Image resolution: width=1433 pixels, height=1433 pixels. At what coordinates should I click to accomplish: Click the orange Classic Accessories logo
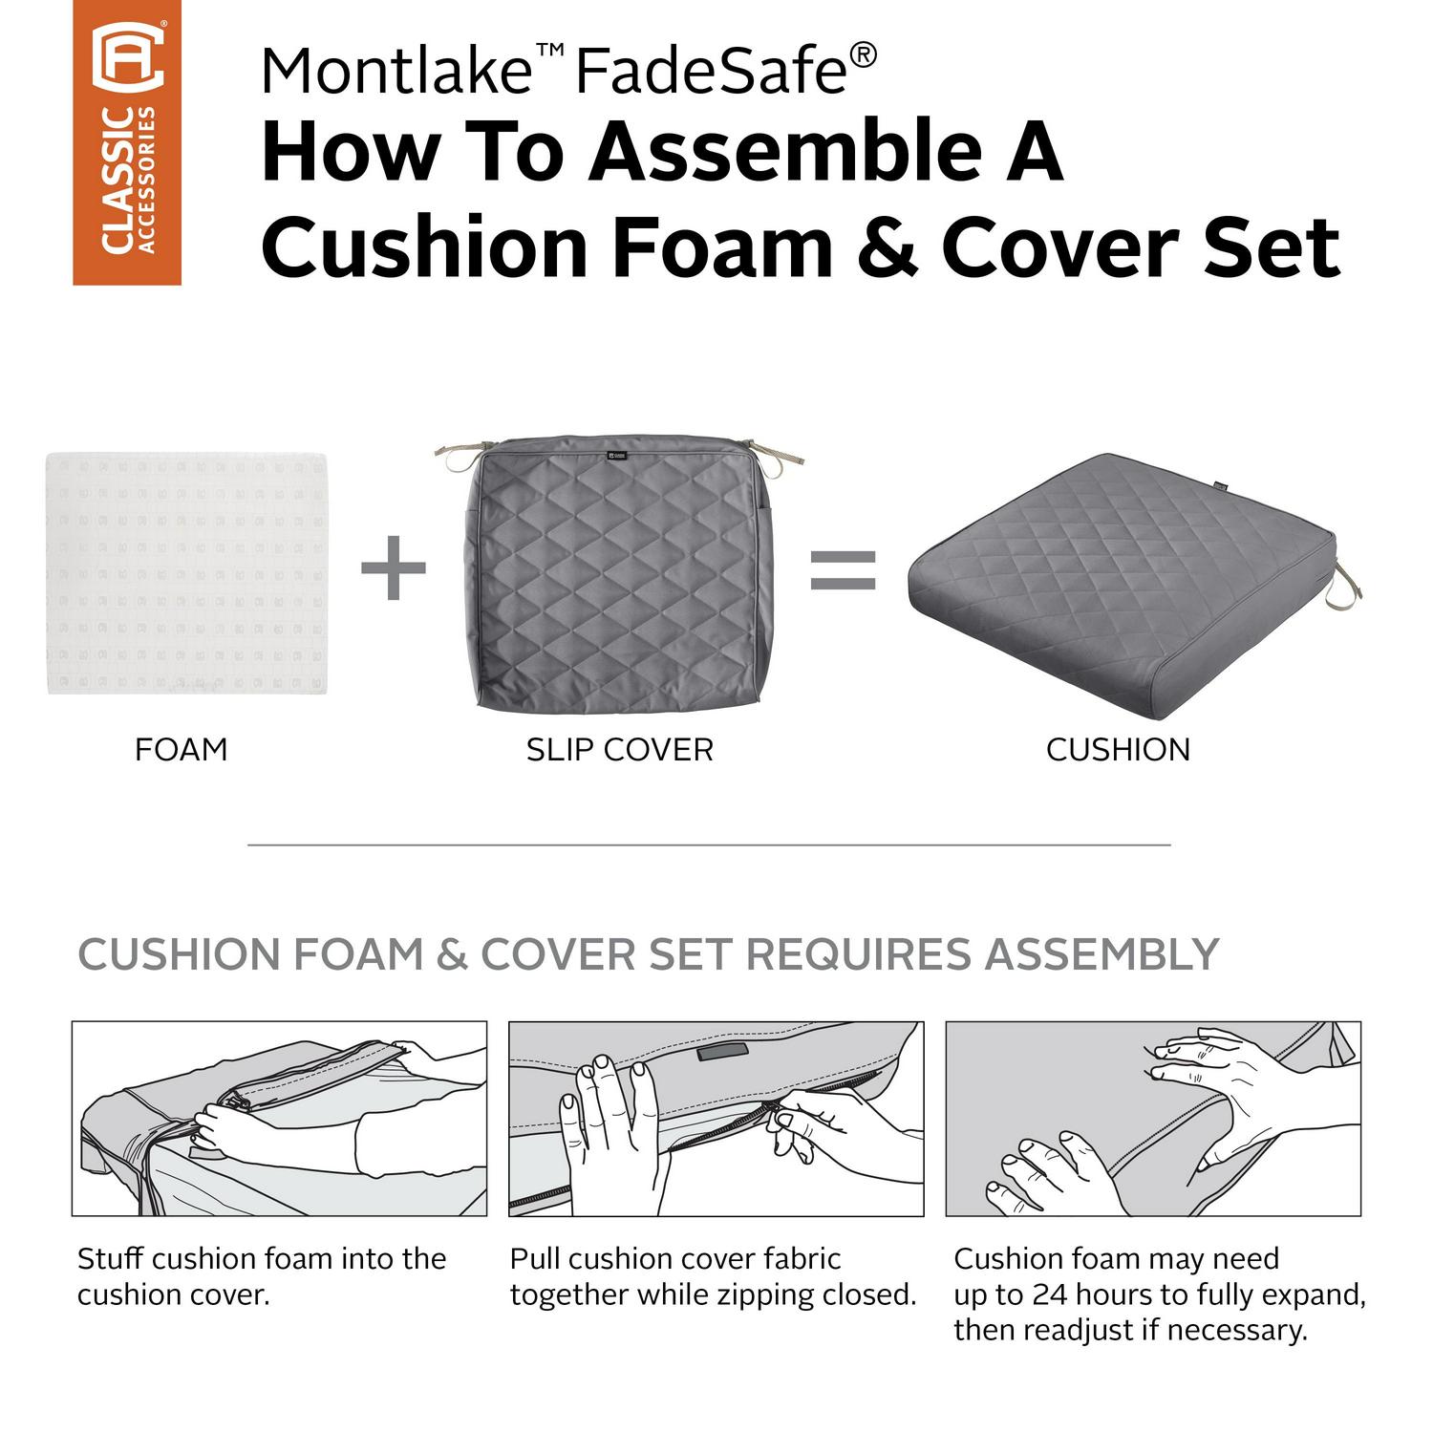click(127, 142)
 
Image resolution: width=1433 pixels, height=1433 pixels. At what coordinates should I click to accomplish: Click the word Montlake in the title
click(396, 71)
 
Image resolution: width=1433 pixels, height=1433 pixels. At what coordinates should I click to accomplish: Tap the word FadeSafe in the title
click(712, 71)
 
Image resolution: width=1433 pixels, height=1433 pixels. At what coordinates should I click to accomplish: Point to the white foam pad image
click(186, 573)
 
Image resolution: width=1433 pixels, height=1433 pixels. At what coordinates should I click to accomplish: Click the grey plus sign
click(393, 567)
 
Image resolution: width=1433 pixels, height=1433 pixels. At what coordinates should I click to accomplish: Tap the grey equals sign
click(843, 568)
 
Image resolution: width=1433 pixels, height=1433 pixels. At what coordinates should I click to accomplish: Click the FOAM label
click(182, 750)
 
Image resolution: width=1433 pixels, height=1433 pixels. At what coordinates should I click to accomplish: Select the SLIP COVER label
click(620, 750)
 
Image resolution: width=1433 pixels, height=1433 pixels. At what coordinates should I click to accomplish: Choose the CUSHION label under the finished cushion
click(1118, 750)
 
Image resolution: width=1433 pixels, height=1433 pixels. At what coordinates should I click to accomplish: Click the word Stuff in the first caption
click(111, 1258)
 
